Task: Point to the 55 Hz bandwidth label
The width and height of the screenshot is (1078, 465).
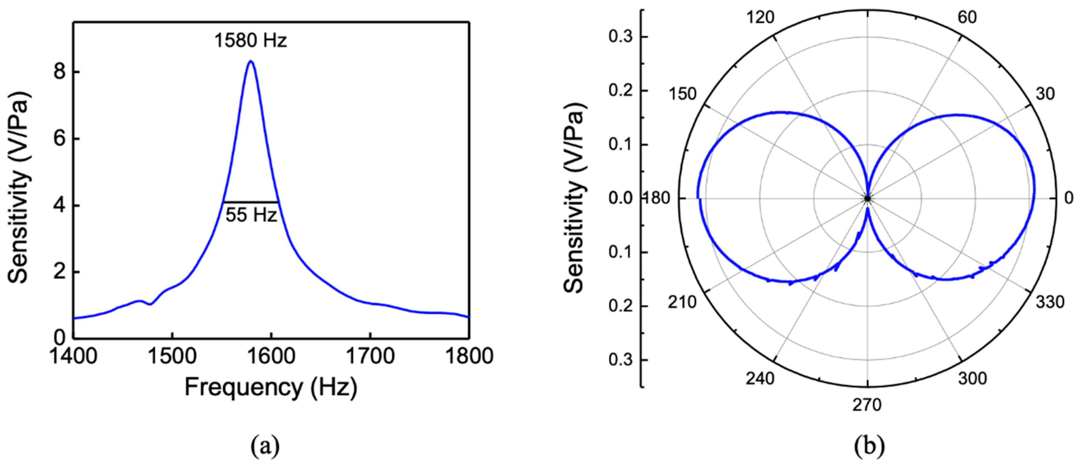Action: (251, 215)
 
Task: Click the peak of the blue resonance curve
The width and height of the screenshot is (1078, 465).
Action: (250, 62)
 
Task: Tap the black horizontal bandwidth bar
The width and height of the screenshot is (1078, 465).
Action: (251, 202)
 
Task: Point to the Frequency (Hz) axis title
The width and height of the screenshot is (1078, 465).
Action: (271, 388)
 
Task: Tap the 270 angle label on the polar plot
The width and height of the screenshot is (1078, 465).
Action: (867, 405)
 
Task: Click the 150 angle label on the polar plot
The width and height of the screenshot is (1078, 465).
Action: (682, 94)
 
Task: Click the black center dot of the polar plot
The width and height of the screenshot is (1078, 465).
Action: (867, 198)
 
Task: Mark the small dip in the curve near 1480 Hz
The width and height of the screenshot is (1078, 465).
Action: (150, 304)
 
